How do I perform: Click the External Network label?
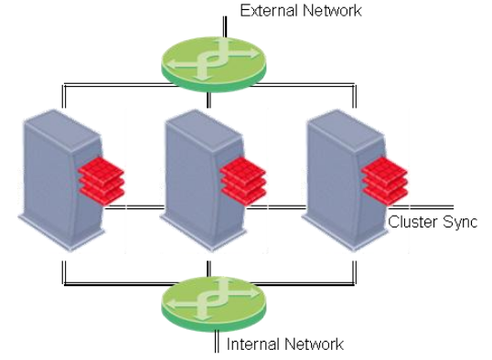tap(300, 11)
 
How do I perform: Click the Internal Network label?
tap(284, 344)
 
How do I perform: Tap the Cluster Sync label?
tap(433, 222)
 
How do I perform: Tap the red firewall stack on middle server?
tap(242, 179)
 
